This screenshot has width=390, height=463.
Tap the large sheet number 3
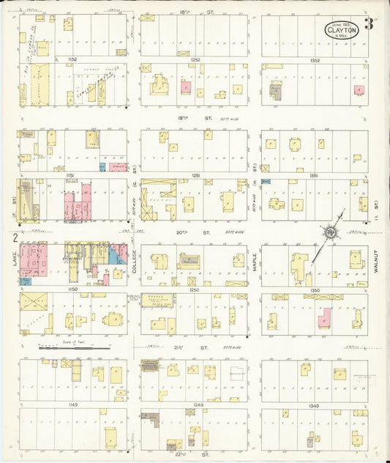point(370,23)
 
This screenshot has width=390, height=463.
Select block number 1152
point(72,59)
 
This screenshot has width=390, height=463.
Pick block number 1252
point(194,59)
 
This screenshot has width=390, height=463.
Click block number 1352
point(315,59)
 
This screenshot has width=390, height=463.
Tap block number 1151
point(72,176)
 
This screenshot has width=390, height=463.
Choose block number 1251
point(194,176)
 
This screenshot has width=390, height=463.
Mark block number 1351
point(315,176)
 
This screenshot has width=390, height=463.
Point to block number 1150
point(72,291)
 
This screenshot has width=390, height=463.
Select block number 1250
point(194,291)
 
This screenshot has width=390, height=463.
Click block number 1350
point(315,291)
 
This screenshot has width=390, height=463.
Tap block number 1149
point(72,405)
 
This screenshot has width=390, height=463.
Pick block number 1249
point(194,405)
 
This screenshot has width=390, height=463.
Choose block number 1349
point(315,405)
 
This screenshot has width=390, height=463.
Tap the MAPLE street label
point(255,262)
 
